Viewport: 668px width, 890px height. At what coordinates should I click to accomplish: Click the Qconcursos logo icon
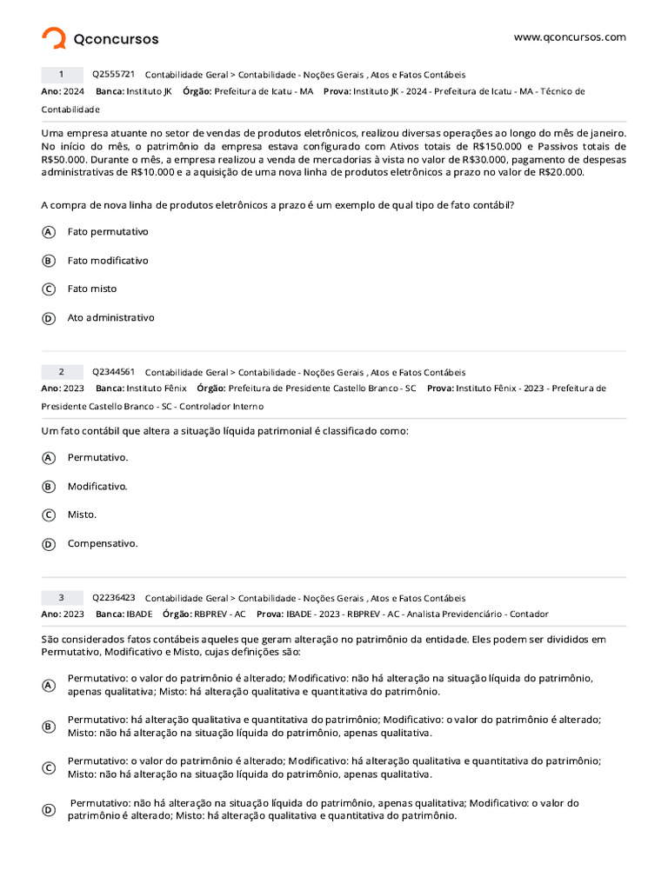pos(54,38)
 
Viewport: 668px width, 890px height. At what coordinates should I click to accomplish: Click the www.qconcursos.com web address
pos(570,37)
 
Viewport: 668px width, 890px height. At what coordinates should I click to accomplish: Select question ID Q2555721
pos(114,74)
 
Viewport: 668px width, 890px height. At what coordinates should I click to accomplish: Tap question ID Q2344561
pos(114,372)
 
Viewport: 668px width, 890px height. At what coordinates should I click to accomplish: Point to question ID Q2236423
pos(114,598)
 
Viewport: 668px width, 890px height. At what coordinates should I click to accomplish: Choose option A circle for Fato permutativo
pos(49,232)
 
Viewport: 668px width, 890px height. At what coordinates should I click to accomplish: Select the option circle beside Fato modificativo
pos(49,261)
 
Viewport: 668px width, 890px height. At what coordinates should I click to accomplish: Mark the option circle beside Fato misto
pos(49,289)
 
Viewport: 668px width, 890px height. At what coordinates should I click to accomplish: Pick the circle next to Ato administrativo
pos(49,318)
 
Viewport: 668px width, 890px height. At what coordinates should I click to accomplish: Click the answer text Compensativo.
pos(103,544)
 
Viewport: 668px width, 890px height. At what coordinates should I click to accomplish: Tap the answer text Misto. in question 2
pos(83,515)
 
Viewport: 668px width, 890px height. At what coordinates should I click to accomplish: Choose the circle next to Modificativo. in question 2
pos(49,487)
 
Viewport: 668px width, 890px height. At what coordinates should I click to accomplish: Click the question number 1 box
pos(61,75)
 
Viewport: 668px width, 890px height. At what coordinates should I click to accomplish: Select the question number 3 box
pos(61,598)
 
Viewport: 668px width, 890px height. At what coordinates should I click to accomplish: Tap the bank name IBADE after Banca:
pos(139,614)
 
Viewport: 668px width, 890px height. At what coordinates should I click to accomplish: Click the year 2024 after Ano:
pos(74,90)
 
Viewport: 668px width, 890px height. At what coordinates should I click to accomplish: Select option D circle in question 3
pos(49,810)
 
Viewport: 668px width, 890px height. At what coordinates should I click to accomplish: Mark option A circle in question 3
pos(49,685)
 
